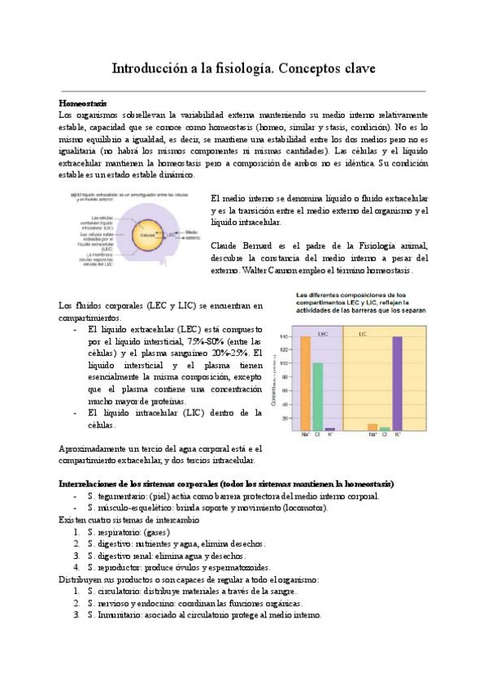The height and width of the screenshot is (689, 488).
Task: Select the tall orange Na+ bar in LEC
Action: pos(306,382)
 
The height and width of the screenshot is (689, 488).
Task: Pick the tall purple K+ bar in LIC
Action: pos(397,382)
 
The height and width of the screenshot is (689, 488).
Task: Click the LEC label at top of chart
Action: pos(323,333)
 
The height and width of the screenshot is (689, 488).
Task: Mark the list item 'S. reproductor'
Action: pos(179,567)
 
